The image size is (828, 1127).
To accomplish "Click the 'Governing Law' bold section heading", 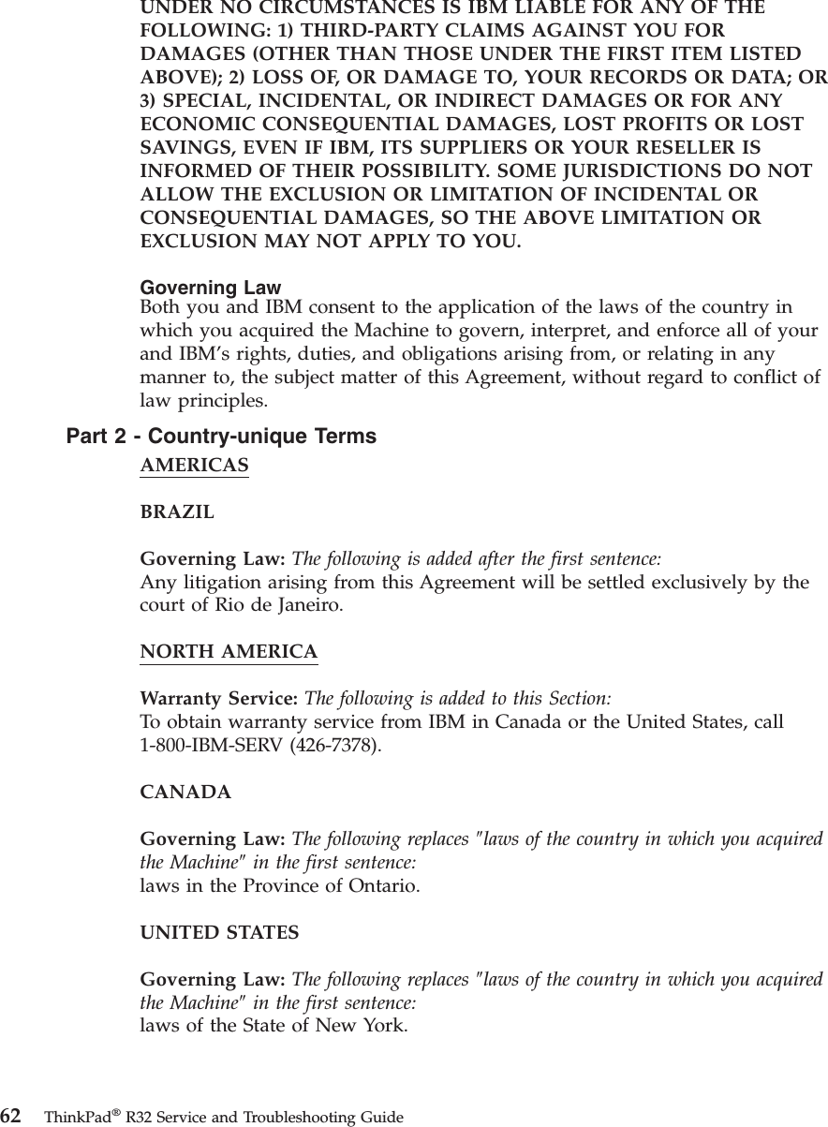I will (x=210, y=288).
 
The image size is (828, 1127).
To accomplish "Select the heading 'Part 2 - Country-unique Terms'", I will (x=221, y=437).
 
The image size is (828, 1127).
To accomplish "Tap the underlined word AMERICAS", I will (x=194, y=466).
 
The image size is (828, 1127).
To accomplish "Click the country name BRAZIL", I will (x=177, y=512).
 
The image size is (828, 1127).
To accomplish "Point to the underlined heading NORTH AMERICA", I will (x=229, y=651).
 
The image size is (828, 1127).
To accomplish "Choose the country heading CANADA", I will (x=185, y=793).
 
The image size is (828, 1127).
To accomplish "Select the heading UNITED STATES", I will (x=219, y=933).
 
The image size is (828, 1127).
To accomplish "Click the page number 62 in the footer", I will (x=11, y=1116).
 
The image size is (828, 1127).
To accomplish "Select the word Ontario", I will (x=382, y=885).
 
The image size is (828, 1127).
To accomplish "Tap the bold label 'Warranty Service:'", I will (x=219, y=699).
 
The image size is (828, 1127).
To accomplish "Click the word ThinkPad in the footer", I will (x=75, y=1117).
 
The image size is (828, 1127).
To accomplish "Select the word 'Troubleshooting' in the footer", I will (x=304, y=1117).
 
